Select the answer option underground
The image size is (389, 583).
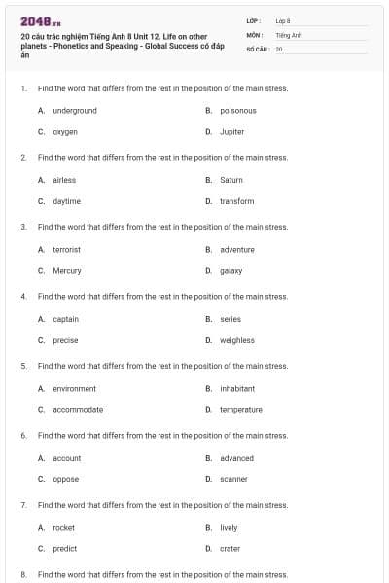pos(75,110)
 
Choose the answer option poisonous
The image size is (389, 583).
pos(238,110)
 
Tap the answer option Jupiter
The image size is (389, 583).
pos(231,131)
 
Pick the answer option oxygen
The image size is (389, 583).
pos(65,131)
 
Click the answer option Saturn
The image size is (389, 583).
pos(231,180)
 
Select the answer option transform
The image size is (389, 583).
pos(236,201)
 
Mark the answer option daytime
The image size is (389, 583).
pos(67,201)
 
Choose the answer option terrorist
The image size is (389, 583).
pos(67,250)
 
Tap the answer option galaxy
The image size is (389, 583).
pos(231,271)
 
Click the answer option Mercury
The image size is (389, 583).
pos(67,271)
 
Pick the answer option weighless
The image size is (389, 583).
pos(237,340)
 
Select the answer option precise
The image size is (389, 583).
pos(65,340)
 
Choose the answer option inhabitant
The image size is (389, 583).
pos(237,389)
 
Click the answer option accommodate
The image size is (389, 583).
pos(78,410)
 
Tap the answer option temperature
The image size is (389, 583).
pos(241,410)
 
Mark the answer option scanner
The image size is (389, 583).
pos(233,479)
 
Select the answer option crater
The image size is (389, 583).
pos(230,549)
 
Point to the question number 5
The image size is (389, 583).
pos(23,366)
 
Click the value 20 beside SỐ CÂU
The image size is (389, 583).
pos(279,48)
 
